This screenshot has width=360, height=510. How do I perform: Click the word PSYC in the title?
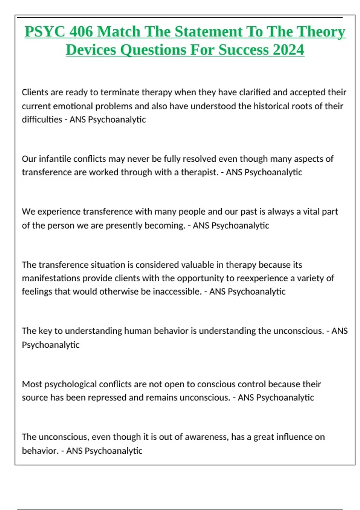pos(44,31)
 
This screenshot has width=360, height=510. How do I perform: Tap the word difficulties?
pos(42,119)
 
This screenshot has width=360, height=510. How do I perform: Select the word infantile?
pos(55,159)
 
